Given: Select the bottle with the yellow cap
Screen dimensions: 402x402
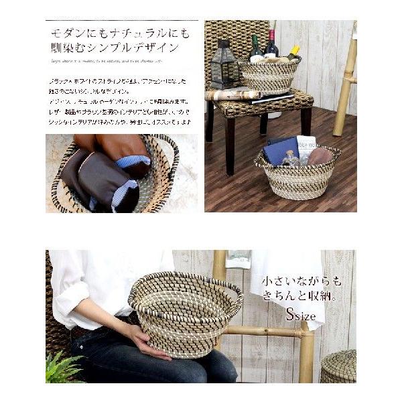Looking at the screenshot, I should point(293,52).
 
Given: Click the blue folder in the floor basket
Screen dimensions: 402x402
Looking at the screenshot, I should point(280,151).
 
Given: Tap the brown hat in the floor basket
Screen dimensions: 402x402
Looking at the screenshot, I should point(320,156).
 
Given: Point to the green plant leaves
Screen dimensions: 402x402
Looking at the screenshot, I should point(64,368).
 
